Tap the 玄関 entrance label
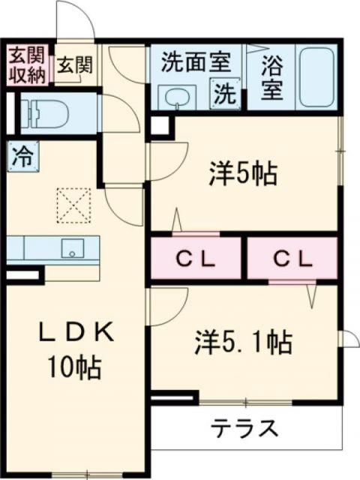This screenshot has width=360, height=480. click(73, 66)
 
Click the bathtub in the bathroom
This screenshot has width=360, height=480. click(319, 77)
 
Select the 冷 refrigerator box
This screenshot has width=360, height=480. click(22, 158)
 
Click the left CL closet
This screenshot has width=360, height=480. click(196, 259)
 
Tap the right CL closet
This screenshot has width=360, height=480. click(292, 259)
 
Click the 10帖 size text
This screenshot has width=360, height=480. click(73, 367)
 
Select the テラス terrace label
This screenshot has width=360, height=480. click(244, 429)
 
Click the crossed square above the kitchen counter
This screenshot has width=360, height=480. click(74, 205)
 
